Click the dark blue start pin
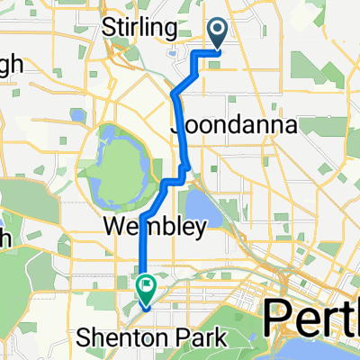pos(218,32)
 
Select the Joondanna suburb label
pos(221,128)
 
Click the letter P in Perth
pos(274,319)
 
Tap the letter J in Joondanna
pos(175,128)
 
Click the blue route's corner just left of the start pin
pos(195,53)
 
